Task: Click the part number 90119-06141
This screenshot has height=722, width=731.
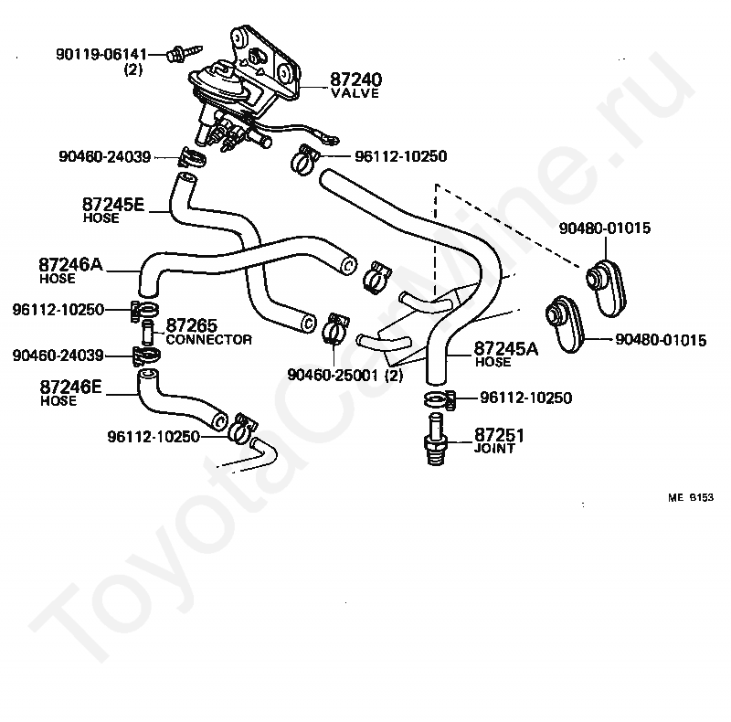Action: pyautogui.click(x=101, y=55)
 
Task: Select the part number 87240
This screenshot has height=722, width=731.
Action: pyautogui.click(x=355, y=80)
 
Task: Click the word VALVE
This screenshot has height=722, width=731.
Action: pyautogui.click(x=355, y=93)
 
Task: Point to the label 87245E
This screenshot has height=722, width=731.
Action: pyautogui.click(x=113, y=205)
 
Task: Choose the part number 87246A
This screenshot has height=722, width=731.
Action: pyautogui.click(x=70, y=264)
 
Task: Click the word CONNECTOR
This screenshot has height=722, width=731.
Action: pyautogui.click(x=209, y=340)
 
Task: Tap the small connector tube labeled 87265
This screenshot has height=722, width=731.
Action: pyautogui.click(x=147, y=332)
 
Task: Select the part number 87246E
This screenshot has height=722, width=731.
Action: pyautogui.click(x=70, y=387)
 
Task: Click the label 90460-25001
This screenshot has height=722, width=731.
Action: pyautogui.click(x=333, y=375)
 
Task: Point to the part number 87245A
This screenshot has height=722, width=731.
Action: pyautogui.click(x=506, y=348)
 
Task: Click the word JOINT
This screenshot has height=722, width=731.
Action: pyautogui.click(x=494, y=449)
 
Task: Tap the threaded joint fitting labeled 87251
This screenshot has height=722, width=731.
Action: pyautogui.click(x=436, y=439)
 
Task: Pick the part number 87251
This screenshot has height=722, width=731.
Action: pyautogui.click(x=499, y=435)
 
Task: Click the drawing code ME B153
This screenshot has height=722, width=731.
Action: pyautogui.click(x=691, y=498)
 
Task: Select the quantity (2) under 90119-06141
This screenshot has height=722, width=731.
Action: pyautogui.click(x=132, y=70)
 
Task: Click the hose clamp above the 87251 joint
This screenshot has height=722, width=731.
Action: pyautogui.click(x=440, y=399)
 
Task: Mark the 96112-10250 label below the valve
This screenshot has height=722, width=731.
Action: pyautogui.click(x=401, y=155)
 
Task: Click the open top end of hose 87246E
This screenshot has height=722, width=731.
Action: pyautogui.click(x=148, y=374)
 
